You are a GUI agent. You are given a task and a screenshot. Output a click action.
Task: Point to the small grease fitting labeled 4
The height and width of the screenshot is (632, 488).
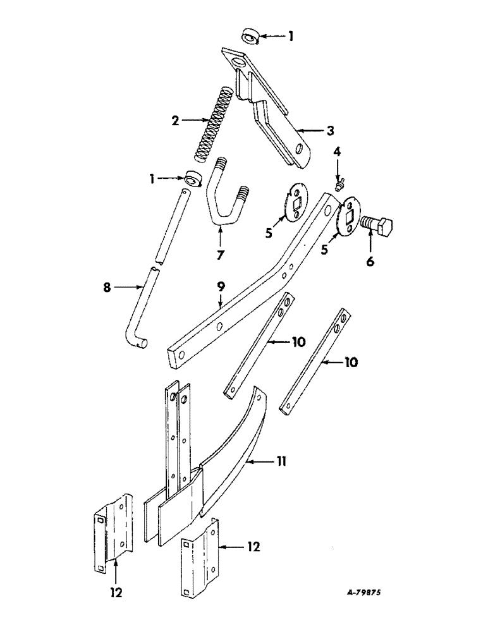[338, 183]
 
